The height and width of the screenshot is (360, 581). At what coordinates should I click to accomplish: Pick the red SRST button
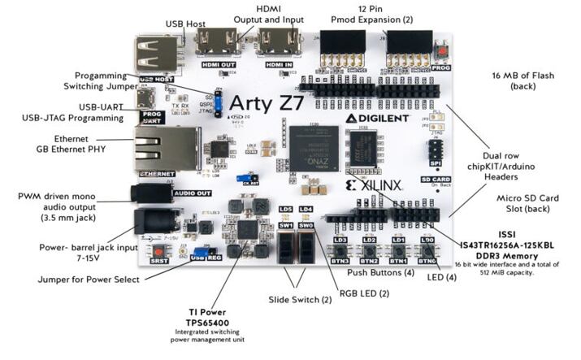pyautogui.click(x=157, y=247)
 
